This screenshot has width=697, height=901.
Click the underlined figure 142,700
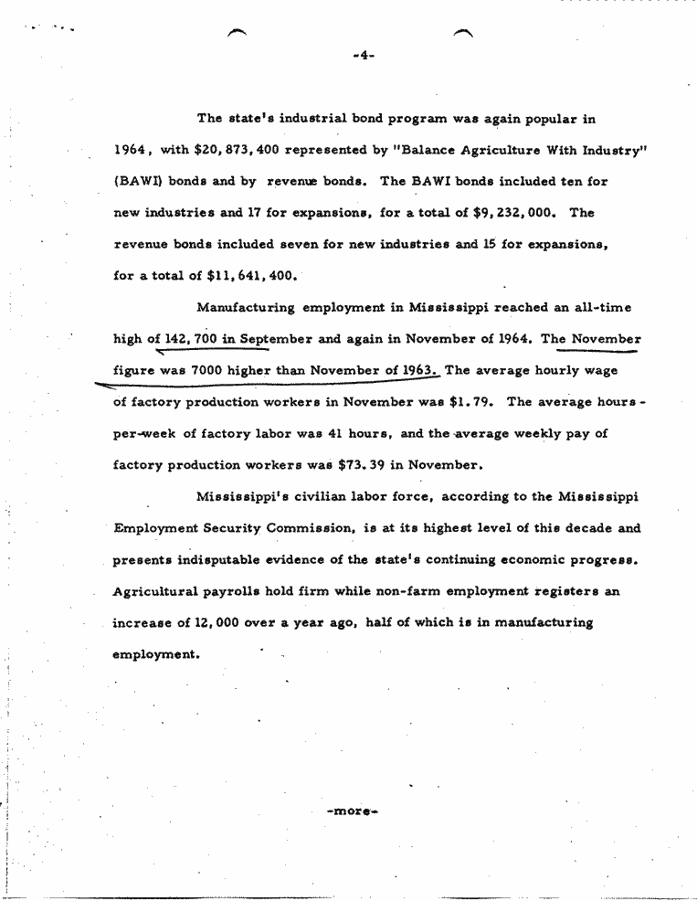click(x=189, y=339)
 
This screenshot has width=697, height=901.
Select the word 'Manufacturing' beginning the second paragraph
click(x=246, y=307)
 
